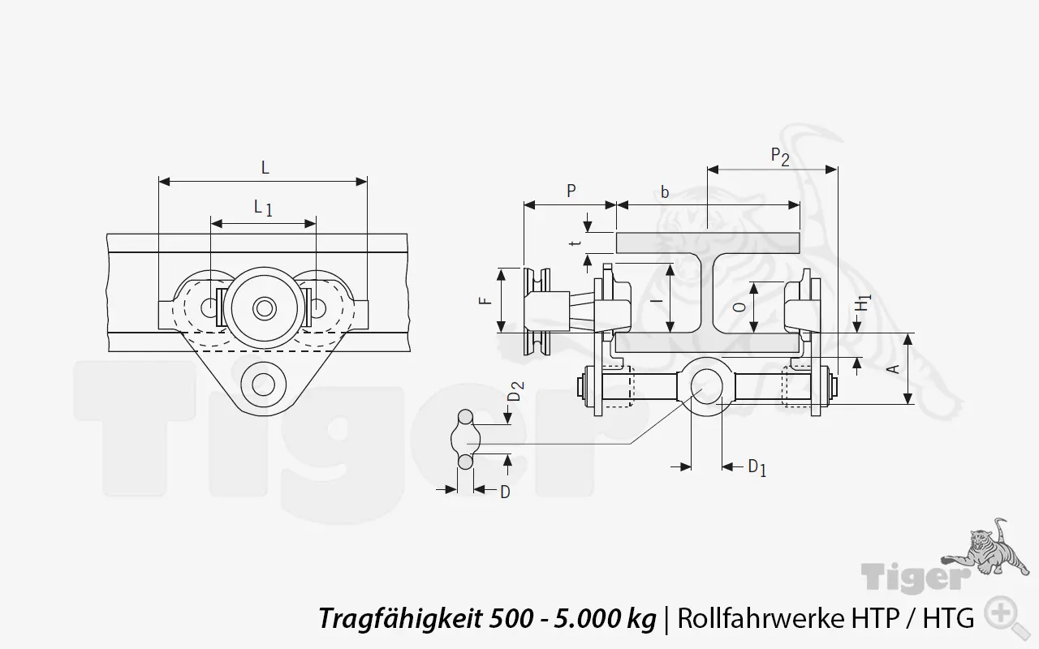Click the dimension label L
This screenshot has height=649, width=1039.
(265, 168)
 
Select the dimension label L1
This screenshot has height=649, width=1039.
(262, 208)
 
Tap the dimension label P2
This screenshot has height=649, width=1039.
(779, 156)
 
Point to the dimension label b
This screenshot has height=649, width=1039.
(665, 192)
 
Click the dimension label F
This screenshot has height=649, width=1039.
(485, 299)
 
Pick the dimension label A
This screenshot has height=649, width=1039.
(895, 369)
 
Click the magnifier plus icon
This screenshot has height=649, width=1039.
(1003, 614)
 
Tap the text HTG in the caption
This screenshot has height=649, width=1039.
(946, 619)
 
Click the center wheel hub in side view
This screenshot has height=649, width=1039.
(263, 308)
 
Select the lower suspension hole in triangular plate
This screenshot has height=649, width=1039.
(263, 382)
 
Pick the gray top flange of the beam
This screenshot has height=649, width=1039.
(707, 242)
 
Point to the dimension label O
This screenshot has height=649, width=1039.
(737, 307)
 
